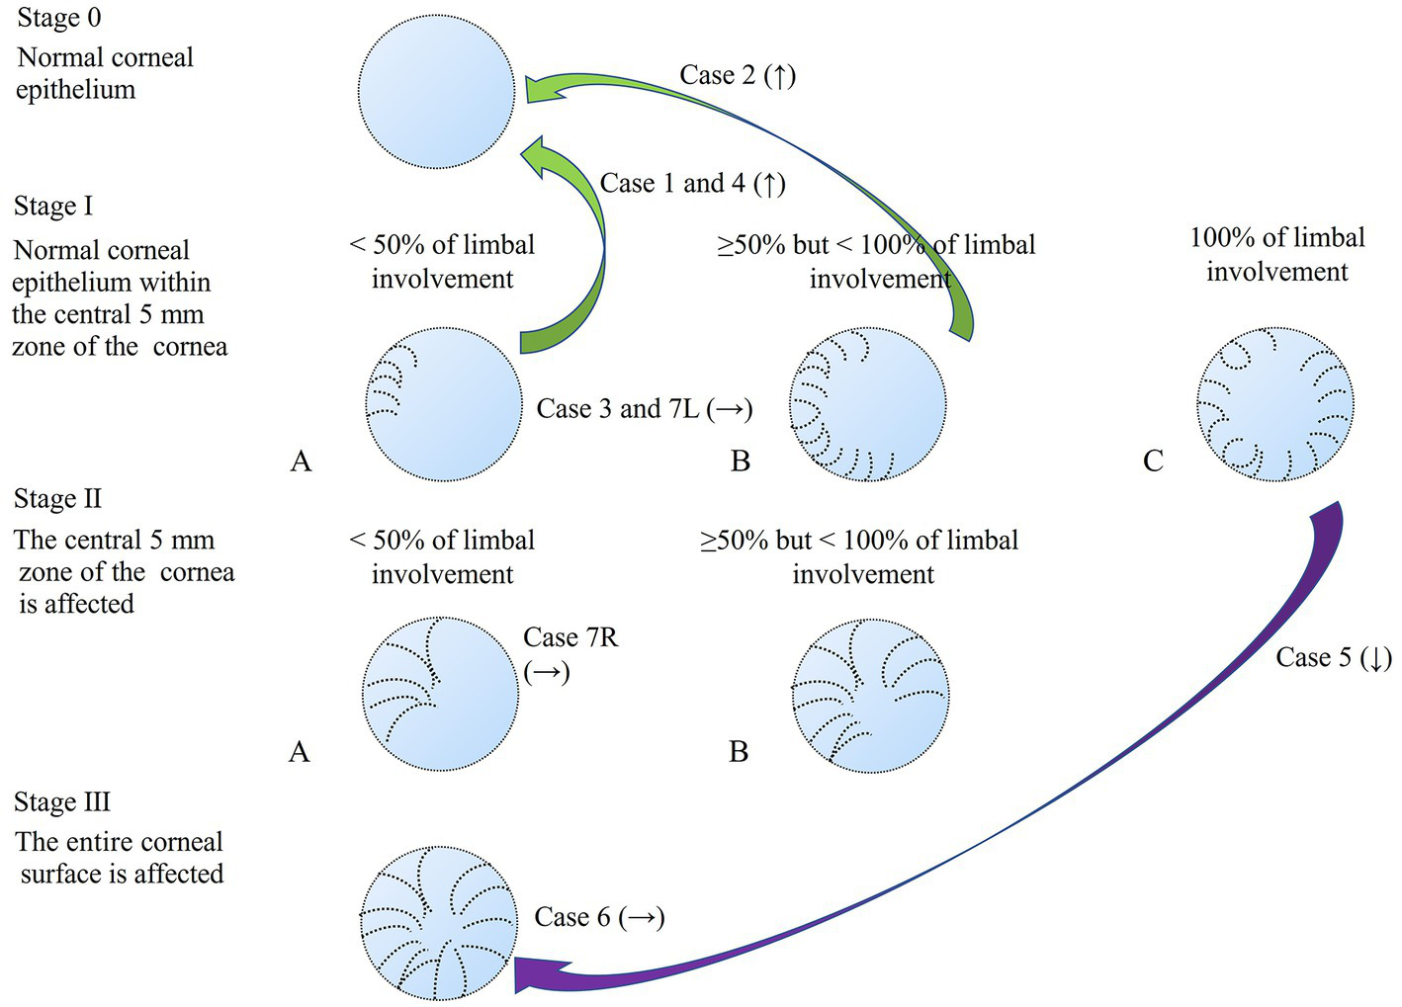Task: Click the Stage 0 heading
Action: pos(59,18)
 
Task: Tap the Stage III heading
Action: pos(62,801)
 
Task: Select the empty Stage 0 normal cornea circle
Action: pos(436,91)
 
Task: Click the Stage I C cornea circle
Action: pos(1275,404)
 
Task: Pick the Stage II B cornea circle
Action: pos(870,696)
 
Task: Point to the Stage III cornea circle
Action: pos(438,923)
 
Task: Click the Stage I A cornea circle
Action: pos(444,404)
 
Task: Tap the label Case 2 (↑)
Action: pos(738,75)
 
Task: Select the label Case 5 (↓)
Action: pos(1333,658)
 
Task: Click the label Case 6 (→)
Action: pos(599,917)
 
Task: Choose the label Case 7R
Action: pos(570,638)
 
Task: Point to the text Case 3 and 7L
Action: pos(644,409)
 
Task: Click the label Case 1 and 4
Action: pos(692,184)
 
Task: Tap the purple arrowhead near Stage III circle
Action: pos(534,975)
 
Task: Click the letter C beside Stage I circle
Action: pos(1153,461)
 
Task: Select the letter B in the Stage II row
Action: pos(739,752)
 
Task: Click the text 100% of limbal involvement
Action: pos(1276,254)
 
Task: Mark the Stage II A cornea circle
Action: pos(441,695)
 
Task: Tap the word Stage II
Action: pos(57,499)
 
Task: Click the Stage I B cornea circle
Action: pos(868,404)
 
